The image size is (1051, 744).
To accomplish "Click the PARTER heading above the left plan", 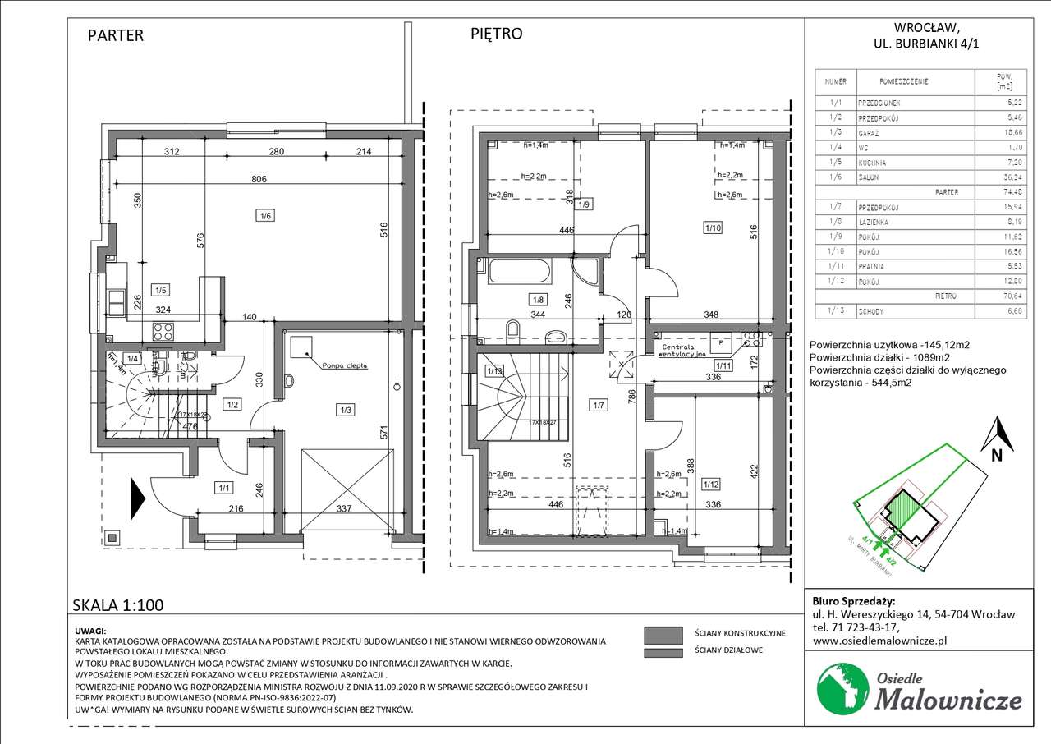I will click(x=116, y=35).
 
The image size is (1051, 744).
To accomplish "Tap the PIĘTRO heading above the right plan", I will click(x=496, y=34).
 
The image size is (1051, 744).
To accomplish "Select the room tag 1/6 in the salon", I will click(x=264, y=215).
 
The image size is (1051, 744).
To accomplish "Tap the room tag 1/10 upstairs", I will click(x=712, y=227).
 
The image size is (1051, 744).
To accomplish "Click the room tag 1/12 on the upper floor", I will click(x=711, y=485).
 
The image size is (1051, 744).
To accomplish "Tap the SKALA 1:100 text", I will click(x=118, y=606).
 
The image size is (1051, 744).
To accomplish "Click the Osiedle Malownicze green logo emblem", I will click(x=839, y=689).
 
